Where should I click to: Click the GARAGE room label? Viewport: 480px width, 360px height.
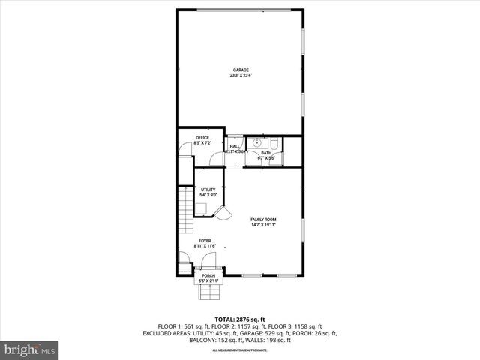tap(240, 70)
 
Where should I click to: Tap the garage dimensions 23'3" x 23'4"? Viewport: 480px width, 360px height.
tap(240, 75)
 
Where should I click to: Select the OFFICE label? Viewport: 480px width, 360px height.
tap(202, 138)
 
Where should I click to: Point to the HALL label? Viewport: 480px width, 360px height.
tap(235, 147)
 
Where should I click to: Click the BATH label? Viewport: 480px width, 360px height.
tap(267, 154)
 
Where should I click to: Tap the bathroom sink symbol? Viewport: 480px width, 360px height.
tap(257, 142)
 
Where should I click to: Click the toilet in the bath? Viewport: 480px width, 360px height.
tap(274, 142)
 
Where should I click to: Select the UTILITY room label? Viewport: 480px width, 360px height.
tap(208, 190)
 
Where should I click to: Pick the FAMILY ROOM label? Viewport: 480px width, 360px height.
tap(264, 219)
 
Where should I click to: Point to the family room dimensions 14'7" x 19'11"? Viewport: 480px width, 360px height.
tap(264, 224)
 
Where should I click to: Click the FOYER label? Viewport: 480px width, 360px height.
tap(205, 241)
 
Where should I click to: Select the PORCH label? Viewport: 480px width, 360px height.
tap(208, 275)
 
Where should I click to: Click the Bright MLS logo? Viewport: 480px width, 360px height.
tap(30, 349)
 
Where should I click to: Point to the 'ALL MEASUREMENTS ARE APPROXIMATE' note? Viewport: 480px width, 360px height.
tap(240, 350)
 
